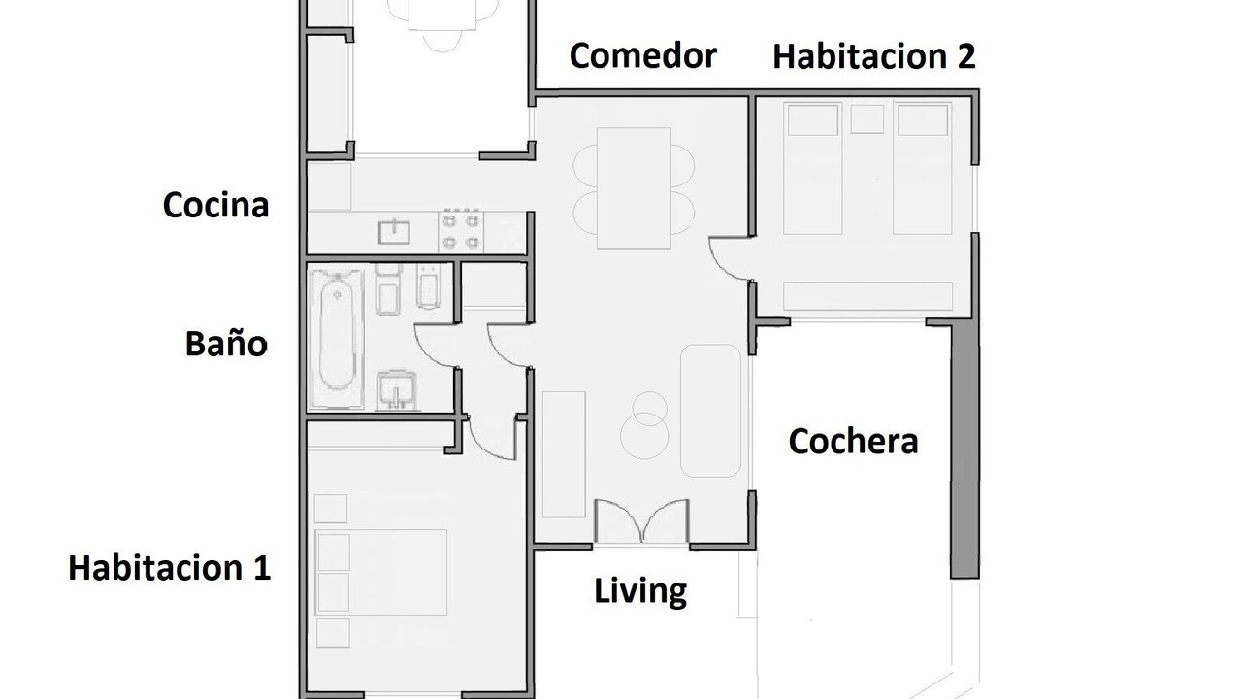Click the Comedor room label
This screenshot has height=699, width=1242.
click(642, 55)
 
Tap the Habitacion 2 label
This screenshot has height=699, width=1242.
click(874, 56)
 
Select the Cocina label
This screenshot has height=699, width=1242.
click(215, 205)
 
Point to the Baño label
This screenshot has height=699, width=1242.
click(226, 343)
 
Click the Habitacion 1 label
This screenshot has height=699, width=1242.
click(170, 568)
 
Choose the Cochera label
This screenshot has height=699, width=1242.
click(853, 442)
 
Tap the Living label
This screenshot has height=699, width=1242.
click(640, 591)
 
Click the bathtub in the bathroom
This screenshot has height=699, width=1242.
click(337, 339)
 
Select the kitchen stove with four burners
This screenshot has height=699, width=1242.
click(461, 232)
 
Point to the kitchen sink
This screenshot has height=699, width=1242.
click(394, 232)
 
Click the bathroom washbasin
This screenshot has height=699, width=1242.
click(397, 390)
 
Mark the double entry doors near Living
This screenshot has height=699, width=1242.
click(641, 521)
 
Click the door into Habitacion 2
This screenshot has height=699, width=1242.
click(732, 259)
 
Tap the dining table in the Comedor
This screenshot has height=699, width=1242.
click(634, 188)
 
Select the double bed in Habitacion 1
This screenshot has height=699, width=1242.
click(381, 572)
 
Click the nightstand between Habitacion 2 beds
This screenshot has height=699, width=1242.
click(867, 118)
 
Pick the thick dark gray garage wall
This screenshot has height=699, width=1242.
click(964, 450)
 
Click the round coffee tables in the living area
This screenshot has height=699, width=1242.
click(645, 425)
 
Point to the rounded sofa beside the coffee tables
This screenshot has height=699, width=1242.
click(711, 411)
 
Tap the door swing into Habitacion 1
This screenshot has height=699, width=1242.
click(492, 437)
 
